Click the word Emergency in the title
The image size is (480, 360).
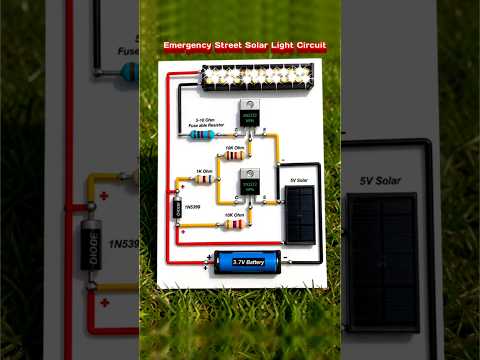(188, 46)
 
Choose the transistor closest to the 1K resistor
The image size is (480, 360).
(247, 186)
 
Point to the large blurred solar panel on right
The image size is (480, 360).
(384, 255)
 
